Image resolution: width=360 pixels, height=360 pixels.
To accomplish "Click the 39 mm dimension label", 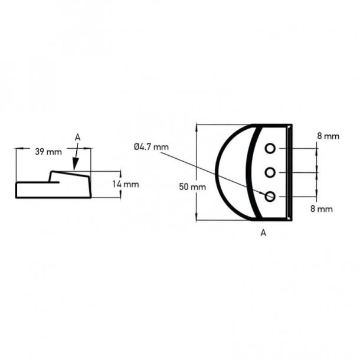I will tap(48, 152).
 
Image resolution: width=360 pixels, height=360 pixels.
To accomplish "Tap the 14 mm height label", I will tap(125, 184).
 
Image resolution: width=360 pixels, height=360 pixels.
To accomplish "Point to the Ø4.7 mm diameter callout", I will tap(151, 146).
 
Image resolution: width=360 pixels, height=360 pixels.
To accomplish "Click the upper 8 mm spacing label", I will tap(328, 136).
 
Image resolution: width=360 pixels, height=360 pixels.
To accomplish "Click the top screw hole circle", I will tap(270, 148).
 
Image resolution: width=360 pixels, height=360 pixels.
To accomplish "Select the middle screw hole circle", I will tap(270, 172).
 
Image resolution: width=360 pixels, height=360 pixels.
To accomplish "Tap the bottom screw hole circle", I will tap(270, 197).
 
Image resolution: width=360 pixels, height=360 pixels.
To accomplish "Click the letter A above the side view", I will tap(77, 137).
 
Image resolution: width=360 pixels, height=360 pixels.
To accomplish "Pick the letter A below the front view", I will tap(263, 233).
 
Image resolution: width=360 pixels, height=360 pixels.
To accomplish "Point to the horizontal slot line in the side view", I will tap(38, 182).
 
